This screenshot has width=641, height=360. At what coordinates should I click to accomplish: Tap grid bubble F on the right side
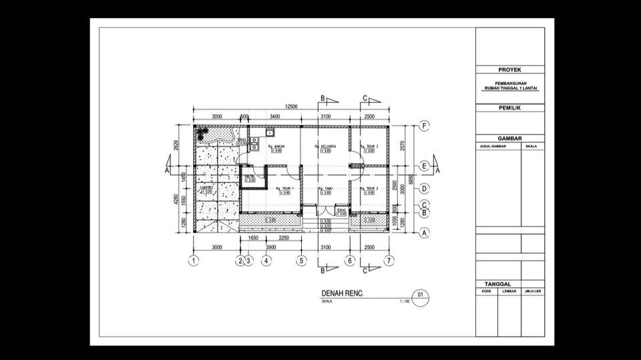(x=423, y=126)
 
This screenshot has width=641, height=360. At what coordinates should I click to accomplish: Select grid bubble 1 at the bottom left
(x=193, y=260)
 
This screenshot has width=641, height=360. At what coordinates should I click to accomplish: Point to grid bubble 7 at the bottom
(x=389, y=260)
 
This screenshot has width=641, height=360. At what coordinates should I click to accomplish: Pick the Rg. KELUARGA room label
(x=325, y=146)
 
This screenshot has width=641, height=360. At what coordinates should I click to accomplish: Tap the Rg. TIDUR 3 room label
(x=369, y=146)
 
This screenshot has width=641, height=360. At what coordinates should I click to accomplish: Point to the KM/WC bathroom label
(x=250, y=176)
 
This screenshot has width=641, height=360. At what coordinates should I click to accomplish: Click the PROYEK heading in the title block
(x=509, y=69)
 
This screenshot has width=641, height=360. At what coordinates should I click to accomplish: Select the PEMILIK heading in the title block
(x=509, y=108)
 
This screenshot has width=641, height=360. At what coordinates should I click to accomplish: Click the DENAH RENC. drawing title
(x=343, y=294)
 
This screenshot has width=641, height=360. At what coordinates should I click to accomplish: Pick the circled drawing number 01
(x=420, y=295)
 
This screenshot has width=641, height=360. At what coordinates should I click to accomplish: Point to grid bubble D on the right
(x=423, y=189)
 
